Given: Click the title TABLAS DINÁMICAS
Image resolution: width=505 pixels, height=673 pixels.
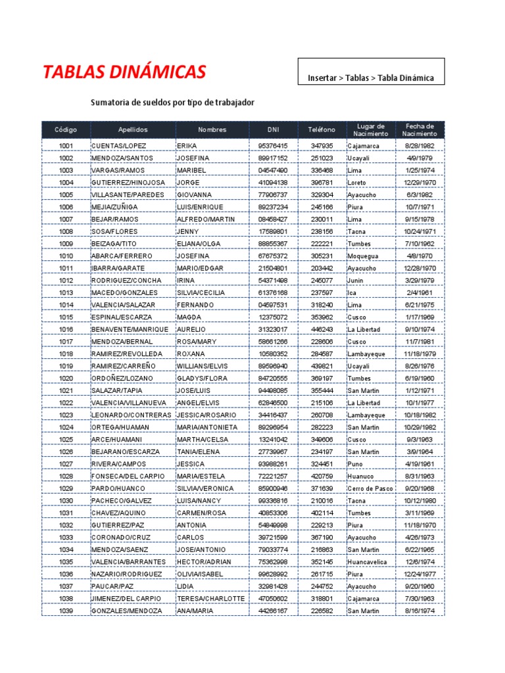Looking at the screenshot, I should click(x=124, y=72).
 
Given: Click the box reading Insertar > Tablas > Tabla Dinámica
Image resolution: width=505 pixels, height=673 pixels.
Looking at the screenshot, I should click(x=371, y=78).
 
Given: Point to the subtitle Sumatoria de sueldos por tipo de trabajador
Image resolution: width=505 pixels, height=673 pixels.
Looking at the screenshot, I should click(x=172, y=103).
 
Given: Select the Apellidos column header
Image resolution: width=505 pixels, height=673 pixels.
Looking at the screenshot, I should click(x=133, y=130).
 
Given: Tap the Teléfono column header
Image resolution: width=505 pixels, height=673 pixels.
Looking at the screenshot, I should click(x=322, y=130).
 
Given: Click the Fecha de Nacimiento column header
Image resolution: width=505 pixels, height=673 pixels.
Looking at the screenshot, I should click(x=420, y=130).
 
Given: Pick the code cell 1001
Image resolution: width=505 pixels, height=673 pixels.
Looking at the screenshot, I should click(x=66, y=146).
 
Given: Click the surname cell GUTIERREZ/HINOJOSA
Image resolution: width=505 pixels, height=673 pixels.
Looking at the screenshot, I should click(x=129, y=183).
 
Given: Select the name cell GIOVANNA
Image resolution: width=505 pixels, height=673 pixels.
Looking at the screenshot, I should click(x=195, y=195).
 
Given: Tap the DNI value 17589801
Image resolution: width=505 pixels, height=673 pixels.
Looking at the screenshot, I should click(x=273, y=231).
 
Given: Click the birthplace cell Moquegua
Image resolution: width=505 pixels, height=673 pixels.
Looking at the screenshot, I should click(x=364, y=256).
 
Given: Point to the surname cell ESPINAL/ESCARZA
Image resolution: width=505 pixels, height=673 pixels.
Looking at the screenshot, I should click(x=122, y=317).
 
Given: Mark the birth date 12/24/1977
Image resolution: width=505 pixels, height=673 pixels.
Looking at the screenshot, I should click(x=420, y=574).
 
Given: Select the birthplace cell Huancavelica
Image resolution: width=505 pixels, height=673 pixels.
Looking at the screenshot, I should click(x=370, y=562).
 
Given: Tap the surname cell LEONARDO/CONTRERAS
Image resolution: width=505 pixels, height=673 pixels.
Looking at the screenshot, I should click(x=132, y=415).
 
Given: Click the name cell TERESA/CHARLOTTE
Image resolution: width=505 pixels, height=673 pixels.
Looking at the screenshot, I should click(x=210, y=599).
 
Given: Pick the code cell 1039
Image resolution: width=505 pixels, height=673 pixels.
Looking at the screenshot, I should click(x=66, y=611).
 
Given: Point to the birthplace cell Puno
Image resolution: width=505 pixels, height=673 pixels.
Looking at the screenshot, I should click(x=356, y=464).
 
